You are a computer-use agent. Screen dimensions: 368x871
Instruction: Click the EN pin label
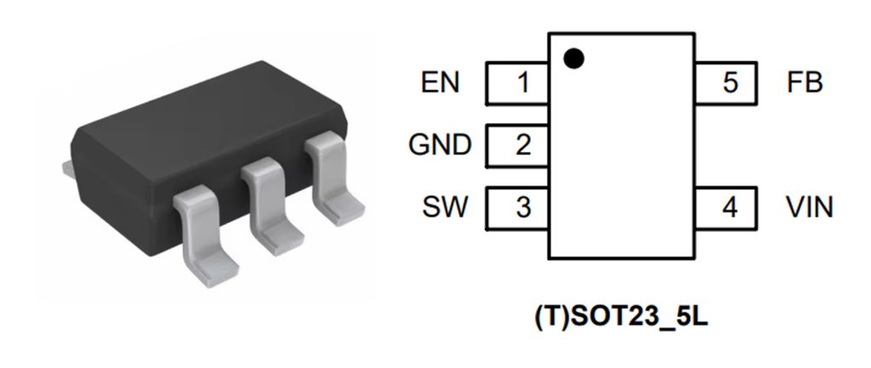tap(440, 82)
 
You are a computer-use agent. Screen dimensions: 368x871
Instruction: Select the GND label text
tap(439, 144)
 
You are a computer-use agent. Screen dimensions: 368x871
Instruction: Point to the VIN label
tap(810, 207)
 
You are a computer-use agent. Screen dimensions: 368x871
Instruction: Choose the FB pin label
tap(805, 82)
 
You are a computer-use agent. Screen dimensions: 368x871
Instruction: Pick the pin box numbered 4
tap(726, 207)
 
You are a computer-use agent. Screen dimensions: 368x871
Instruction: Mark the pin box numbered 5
tap(726, 82)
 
